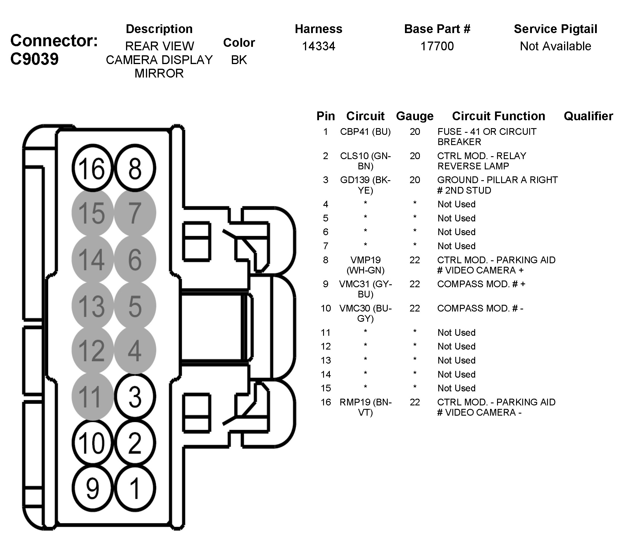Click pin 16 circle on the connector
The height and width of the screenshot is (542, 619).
92,168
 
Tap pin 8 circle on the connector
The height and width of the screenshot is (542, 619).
135,168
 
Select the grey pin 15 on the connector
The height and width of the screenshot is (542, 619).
92,213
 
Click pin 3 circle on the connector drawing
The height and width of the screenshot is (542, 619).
135,397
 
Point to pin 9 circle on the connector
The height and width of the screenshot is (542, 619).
92,488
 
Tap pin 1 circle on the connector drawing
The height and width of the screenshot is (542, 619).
135,488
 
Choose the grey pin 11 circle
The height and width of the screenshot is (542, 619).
92,397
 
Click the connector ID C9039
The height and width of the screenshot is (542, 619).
35,59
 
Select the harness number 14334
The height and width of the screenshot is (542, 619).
318,46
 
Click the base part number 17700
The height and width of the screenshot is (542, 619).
437,46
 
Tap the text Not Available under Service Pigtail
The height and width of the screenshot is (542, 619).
555,46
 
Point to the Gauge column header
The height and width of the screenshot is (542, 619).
415,116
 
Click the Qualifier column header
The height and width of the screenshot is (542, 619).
588,116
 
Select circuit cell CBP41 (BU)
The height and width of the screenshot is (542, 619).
365,132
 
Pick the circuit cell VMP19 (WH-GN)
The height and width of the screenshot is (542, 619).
365,265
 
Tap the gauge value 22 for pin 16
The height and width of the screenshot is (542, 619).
415,402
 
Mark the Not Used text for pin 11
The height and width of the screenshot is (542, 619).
456,333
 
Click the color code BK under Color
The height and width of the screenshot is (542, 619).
239,60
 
